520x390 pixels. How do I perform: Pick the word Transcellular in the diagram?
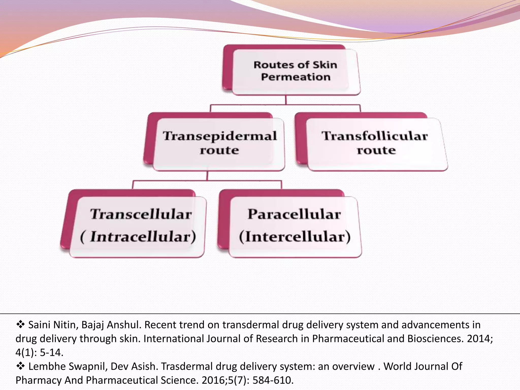point(141,214)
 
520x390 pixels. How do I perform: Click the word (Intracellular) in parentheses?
point(138,237)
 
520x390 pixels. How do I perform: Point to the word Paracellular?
point(294,214)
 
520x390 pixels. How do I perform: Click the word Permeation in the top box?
point(296,77)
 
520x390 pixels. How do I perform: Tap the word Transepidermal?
point(220,136)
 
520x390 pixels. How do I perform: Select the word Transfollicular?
point(375,136)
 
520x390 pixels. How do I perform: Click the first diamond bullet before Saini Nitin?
point(20,324)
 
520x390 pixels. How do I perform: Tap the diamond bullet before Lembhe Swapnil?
point(20,366)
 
